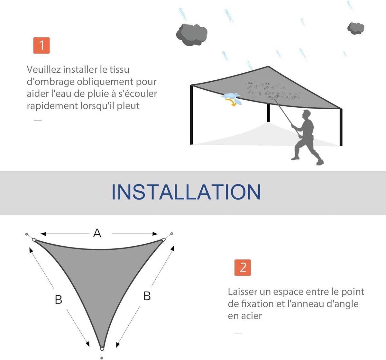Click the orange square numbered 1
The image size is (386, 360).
coord(41,45)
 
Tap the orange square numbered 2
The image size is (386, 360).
coord(243,267)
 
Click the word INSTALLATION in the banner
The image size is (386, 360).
coord(186,192)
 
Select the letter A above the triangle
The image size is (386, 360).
coord(97,233)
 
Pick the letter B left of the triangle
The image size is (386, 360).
coord(59,299)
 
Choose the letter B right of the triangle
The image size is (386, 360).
coord(147,296)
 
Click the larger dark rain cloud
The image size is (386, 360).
coord(192,35)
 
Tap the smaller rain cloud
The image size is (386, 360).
coord(356,28)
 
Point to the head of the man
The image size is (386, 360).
coord(307,114)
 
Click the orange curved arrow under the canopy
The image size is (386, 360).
coord(231,102)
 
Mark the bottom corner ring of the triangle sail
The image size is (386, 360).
coord(102,348)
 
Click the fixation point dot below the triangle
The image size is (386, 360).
coord(102,358)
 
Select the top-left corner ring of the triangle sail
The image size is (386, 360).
coord(34,240)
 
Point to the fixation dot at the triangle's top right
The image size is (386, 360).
coord(172,234)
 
